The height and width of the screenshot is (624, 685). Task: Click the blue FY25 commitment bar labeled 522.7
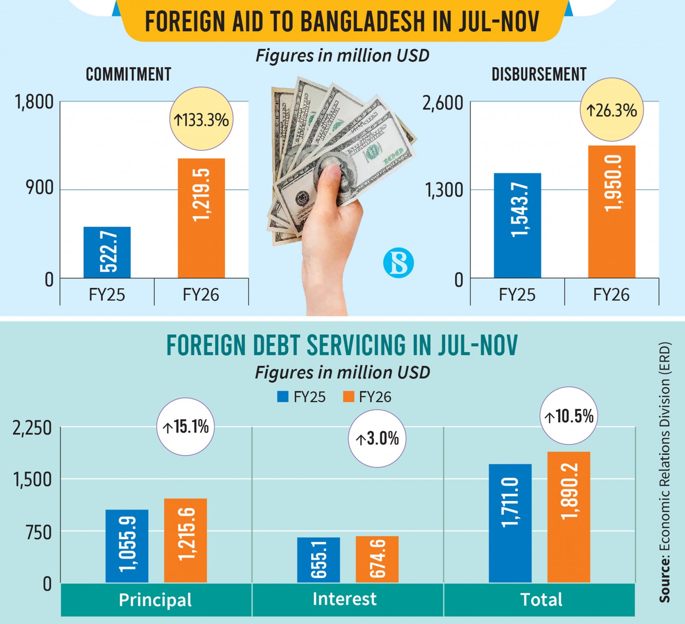(107, 252)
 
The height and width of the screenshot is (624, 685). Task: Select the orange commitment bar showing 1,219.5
(201, 218)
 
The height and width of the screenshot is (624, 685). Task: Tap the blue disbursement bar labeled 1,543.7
(517, 225)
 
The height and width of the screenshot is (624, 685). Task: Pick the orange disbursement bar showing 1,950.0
(611, 212)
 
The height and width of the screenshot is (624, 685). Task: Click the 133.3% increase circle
(202, 119)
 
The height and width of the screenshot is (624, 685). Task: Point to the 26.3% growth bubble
(612, 110)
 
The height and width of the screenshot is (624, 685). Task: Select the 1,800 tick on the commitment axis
(34, 102)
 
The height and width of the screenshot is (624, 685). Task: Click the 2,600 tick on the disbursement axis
(443, 103)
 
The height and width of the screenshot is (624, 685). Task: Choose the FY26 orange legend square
(348, 397)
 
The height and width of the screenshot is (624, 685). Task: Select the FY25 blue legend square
(283, 397)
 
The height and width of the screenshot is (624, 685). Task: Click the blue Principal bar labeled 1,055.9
(127, 546)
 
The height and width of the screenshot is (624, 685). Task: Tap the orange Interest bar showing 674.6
(377, 559)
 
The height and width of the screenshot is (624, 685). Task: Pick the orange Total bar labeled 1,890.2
(569, 517)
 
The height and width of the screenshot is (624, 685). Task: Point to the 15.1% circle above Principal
(185, 427)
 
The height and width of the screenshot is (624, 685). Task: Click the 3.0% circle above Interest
(377, 439)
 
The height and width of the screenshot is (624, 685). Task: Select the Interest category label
(345, 599)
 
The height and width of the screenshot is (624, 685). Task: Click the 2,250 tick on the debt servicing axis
(32, 428)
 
